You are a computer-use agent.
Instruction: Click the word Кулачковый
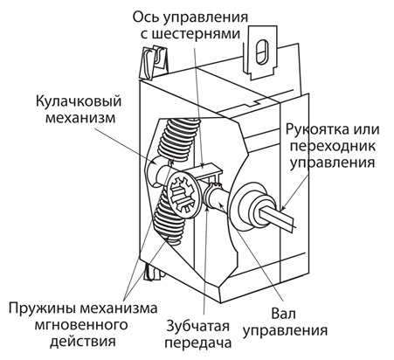point(79,102)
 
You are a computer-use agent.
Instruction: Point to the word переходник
point(333,146)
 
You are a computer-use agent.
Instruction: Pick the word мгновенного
point(81,325)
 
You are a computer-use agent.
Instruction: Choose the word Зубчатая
point(198,327)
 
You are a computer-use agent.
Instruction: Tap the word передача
point(198,343)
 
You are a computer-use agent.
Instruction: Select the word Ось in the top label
point(145,17)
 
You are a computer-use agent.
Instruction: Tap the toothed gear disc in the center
point(183,196)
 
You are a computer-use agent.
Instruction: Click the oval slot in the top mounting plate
point(261,52)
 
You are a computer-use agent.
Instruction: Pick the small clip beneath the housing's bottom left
point(152,272)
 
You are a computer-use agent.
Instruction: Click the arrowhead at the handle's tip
point(283,207)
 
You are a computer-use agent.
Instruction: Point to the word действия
point(83,342)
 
